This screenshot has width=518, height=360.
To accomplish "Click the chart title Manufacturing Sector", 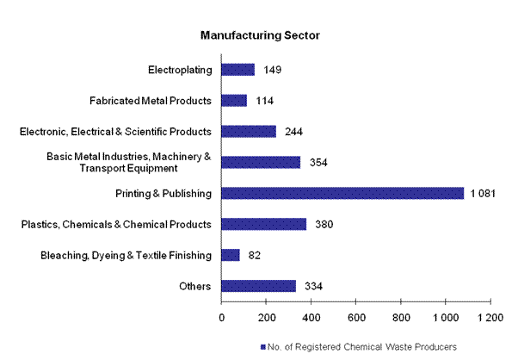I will click(259, 36).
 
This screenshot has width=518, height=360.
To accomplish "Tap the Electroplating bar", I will click(238, 70).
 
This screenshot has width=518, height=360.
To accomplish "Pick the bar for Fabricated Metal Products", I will click(234, 101).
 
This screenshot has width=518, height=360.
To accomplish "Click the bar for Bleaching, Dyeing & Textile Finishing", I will click(231, 255).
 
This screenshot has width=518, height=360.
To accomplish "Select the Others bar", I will click(259, 286).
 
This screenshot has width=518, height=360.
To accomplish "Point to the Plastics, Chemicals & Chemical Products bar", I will click(264, 224).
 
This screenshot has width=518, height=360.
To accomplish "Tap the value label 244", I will click(293, 132).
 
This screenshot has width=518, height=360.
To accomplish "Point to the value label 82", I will click(255, 255).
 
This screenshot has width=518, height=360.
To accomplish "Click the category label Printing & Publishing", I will click(163, 193).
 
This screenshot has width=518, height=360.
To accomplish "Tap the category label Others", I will click(195, 286).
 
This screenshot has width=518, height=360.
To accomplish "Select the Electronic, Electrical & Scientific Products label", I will click(115, 132).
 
